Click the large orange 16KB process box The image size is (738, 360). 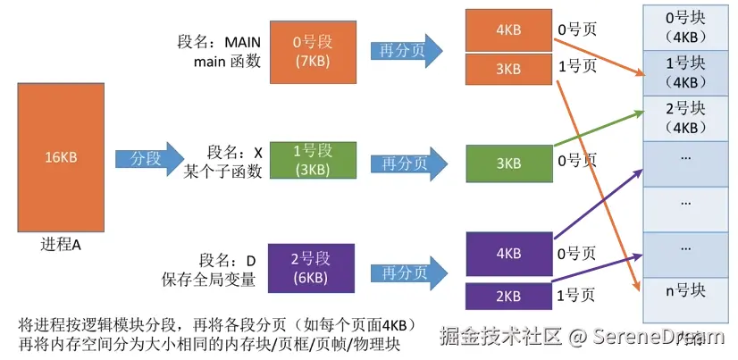61,157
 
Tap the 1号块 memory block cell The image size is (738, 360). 686,73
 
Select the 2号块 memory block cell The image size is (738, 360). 686,117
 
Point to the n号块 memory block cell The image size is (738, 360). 686,290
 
